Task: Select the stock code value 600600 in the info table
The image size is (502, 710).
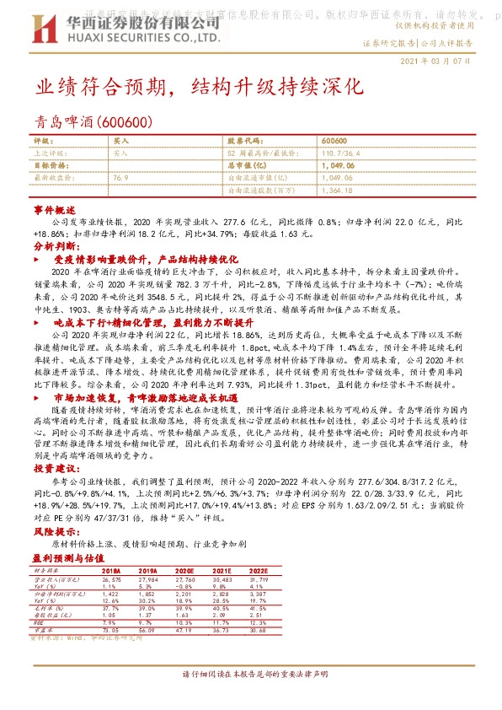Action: (334, 141)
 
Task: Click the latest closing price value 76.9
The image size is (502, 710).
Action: (120, 179)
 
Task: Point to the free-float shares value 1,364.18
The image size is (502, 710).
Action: (337, 191)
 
